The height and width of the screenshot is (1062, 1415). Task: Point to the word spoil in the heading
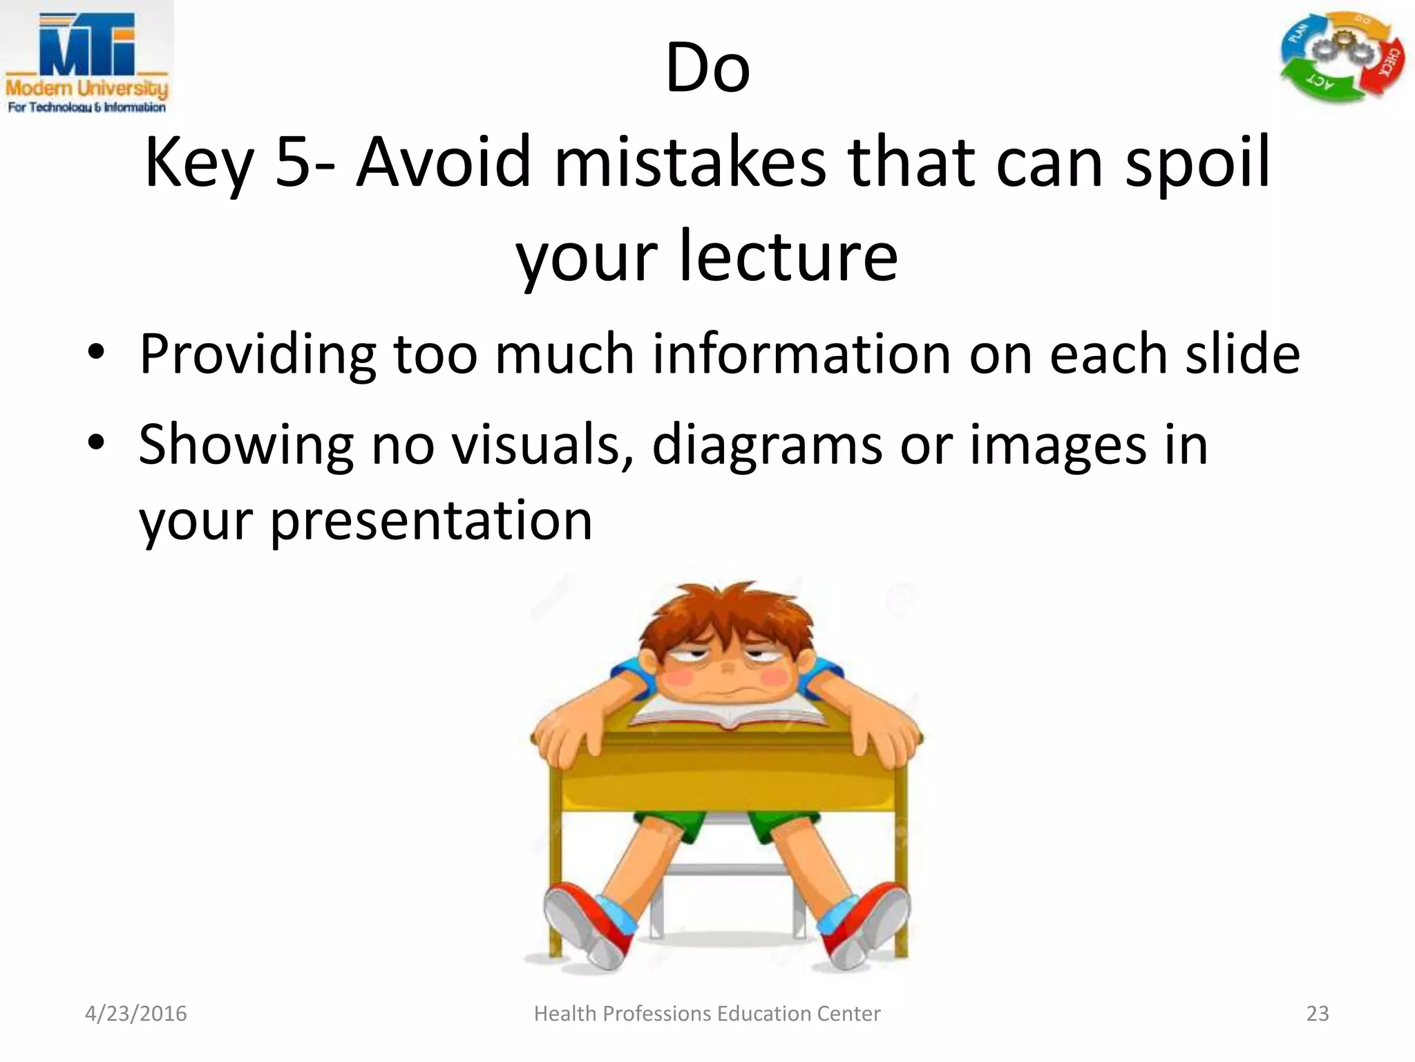click(1198, 165)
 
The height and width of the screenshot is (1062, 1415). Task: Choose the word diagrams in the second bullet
click(766, 446)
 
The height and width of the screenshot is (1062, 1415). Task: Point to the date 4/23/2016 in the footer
click(135, 1014)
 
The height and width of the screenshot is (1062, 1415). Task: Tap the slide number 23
click(1318, 1014)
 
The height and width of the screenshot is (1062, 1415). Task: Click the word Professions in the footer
click(657, 1014)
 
